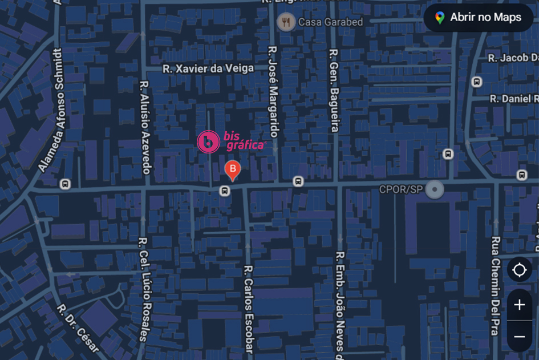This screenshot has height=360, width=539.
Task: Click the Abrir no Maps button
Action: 478,18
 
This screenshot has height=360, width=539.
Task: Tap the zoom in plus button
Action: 519,305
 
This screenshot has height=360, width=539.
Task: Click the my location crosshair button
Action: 519,269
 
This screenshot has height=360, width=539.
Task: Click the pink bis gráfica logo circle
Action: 209,141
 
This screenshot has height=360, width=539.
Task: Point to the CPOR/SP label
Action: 402,189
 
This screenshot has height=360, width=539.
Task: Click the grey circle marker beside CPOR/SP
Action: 435,189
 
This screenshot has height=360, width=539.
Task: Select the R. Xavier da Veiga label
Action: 208,68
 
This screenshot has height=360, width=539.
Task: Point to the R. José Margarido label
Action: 273,92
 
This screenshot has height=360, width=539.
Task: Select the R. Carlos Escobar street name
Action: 249,309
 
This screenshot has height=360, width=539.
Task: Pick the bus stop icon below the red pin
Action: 225,191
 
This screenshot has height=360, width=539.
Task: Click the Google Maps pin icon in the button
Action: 440,18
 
